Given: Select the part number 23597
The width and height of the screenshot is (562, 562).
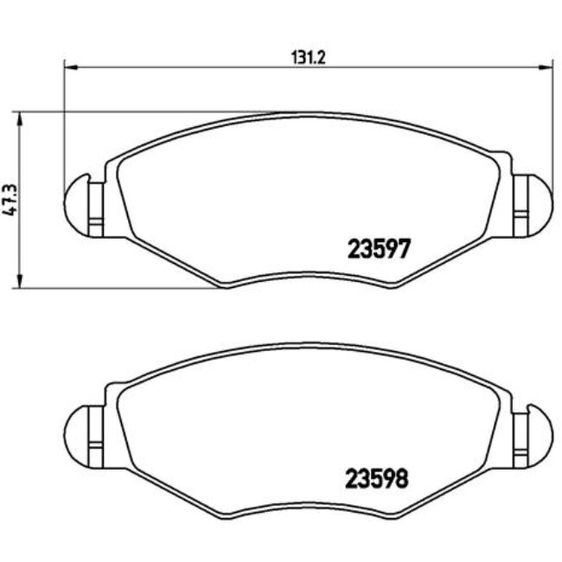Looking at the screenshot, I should pos(378,248).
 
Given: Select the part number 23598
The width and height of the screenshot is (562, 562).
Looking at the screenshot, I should pos(377,476).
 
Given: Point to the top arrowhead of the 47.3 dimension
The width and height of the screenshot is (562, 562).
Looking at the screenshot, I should pos(19,116).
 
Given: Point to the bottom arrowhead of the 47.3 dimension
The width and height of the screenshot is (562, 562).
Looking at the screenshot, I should pos(19,283).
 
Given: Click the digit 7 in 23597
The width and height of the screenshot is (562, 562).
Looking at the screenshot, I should pos(401,248).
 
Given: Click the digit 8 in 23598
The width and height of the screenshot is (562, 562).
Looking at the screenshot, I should pos(400,476).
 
